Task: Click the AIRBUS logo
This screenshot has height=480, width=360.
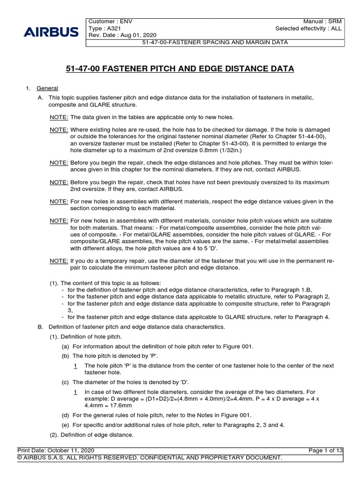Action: (51, 32)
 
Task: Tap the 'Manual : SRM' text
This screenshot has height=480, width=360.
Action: (323, 22)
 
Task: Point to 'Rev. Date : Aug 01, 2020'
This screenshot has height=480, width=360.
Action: (122, 36)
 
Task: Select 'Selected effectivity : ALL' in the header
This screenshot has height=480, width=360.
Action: (309, 29)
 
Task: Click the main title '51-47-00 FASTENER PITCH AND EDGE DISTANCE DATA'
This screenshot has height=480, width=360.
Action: (180, 69)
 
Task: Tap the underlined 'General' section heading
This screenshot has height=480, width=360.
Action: (47, 88)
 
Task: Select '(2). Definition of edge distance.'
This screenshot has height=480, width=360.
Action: (92, 435)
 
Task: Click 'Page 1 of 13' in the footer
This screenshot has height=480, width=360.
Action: (326, 450)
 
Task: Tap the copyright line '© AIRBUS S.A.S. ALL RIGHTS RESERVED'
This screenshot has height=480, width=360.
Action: (150, 457)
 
